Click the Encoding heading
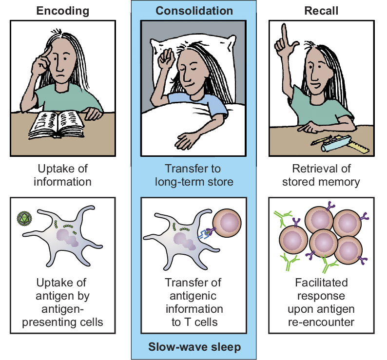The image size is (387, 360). click(63, 11)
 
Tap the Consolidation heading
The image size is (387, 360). click(194, 11)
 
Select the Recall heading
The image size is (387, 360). click(321, 11)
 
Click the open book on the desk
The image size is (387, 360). click(57, 124)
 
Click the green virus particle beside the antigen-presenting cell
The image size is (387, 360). click(24, 219)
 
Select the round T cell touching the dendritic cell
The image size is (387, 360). click(227, 223)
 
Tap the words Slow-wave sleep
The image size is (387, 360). click(194, 347)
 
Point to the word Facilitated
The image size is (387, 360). click(321, 283)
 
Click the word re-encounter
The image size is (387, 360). click(321, 322)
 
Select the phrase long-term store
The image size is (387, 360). click(194, 182)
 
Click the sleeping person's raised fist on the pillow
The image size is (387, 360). click(166, 58)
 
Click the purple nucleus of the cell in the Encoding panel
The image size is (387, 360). click(67, 238)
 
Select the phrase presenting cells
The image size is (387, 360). click(62, 322)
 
